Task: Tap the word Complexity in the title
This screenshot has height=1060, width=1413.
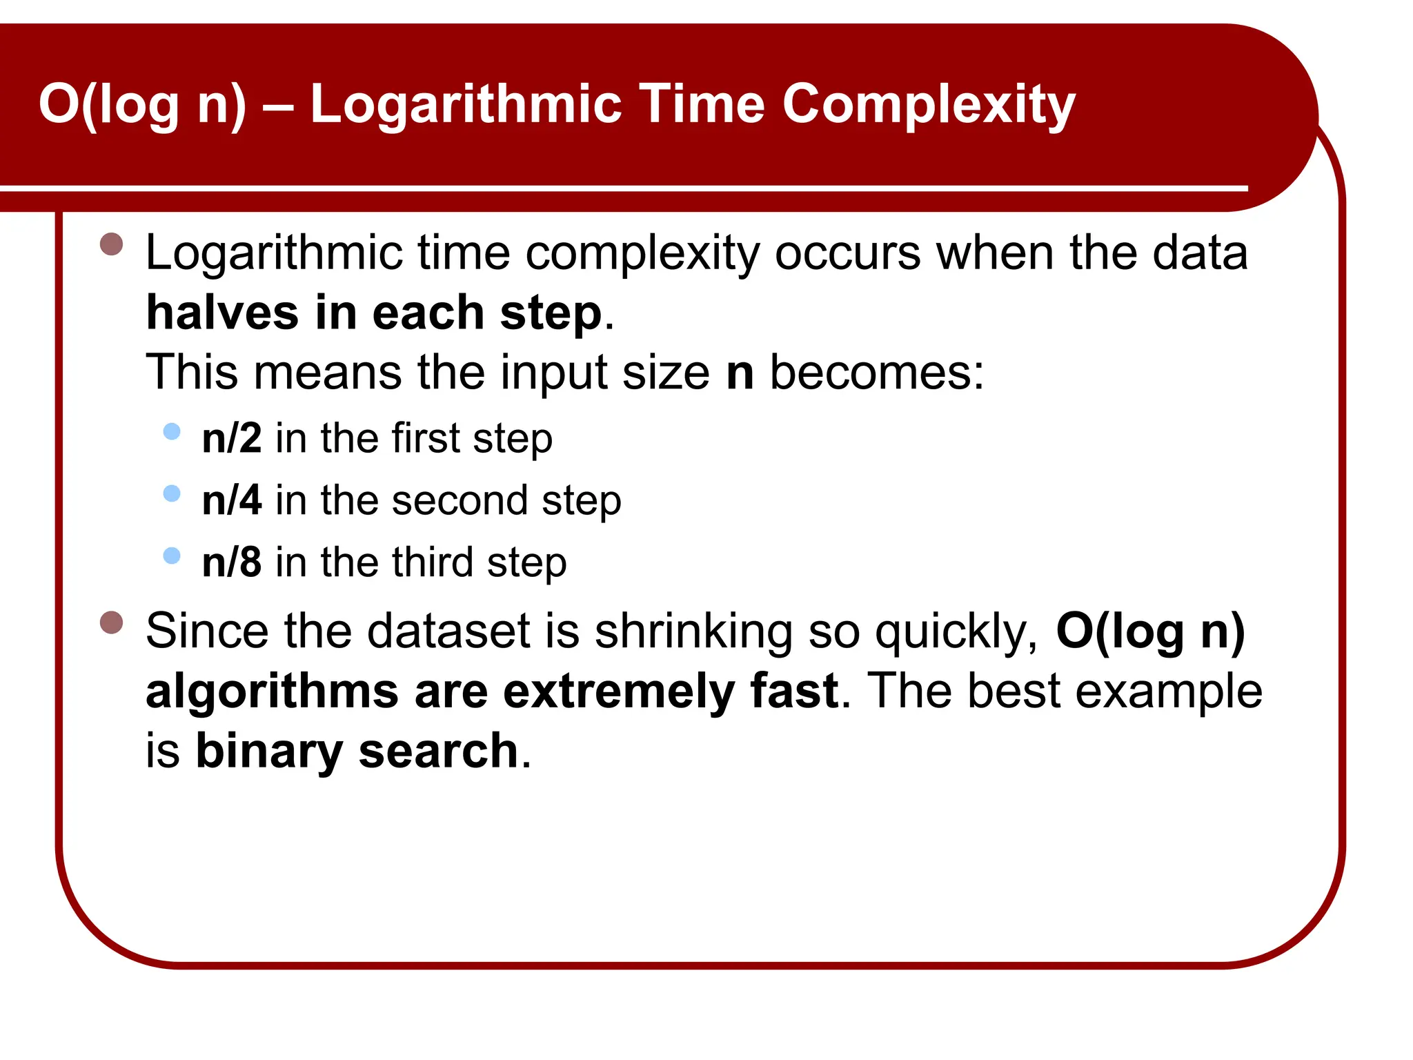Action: point(928,105)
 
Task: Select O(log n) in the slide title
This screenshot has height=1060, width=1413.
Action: point(141,105)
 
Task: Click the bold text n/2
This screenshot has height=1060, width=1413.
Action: point(232,438)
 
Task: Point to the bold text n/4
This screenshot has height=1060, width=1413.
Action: point(232,500)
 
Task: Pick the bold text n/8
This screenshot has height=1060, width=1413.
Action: point(232,562)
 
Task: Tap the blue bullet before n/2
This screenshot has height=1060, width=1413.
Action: point(172,432)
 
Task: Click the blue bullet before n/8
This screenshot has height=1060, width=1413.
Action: point(172,556)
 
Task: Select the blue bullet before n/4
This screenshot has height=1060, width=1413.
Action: point(172,493)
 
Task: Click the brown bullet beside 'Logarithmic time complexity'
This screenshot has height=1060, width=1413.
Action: point(111,244)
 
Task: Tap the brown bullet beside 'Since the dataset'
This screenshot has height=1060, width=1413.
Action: point(111,622)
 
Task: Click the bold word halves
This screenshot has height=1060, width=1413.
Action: point(222,313)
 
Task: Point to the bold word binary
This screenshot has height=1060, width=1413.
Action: point(269,752)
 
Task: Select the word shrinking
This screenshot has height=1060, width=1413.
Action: point(693,631)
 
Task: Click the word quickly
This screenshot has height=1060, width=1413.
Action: point(956,631)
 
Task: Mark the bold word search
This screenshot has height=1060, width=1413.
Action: point(438,751)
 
